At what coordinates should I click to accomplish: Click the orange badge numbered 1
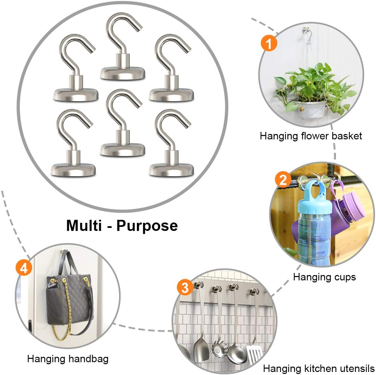pyautogui.click(x=269, y=43)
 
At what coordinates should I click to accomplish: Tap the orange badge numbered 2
pyautogui.click(x=283, y=180)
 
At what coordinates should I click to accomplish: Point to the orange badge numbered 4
pyautogui.click(x=24, y=268)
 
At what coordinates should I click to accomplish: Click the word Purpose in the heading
pyautogui.click(x=147, y=225)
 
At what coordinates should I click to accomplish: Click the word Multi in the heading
pyautogui.click(x=84, y=225)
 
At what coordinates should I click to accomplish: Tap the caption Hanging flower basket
pyautogui.click(x=311, y=136)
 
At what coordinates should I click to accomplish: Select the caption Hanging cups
pyautogui.click(x=324, y=277)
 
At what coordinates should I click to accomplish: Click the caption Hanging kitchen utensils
pyautogui.click(x=318, y=368)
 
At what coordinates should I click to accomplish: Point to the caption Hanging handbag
pyautogui.click(x=68, y=359)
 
